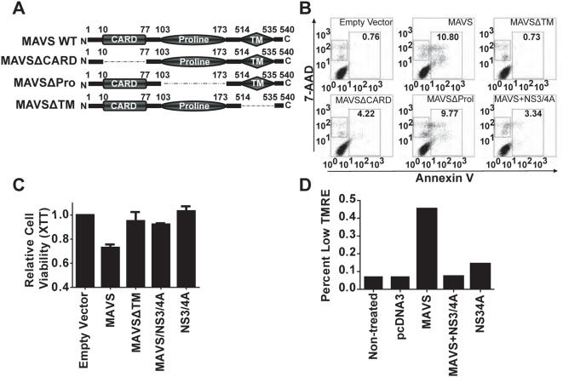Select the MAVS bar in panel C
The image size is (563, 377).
103,267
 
